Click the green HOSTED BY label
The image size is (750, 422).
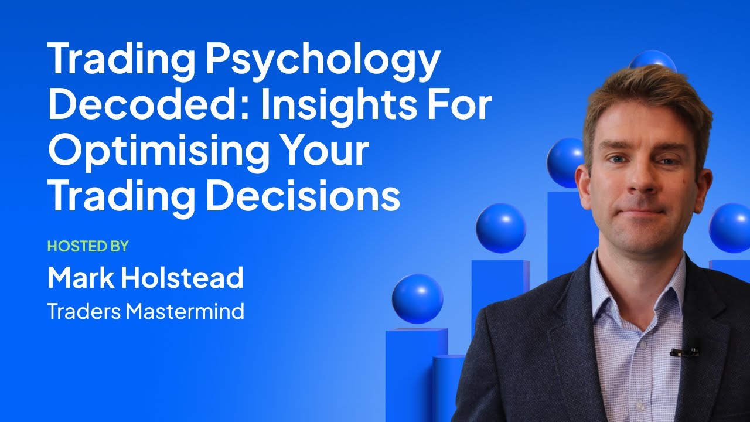[87, 246]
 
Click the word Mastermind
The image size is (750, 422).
[185, 311]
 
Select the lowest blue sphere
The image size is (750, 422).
[417, 298]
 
